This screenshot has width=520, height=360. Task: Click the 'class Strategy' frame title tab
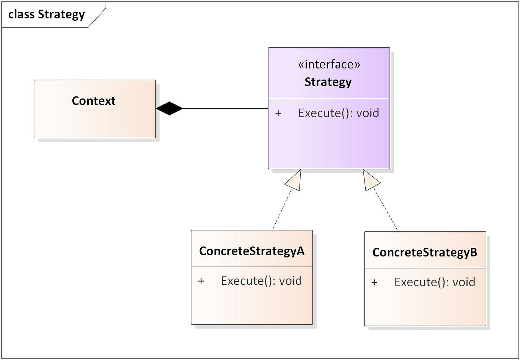pyautogui.click(x=47, y=15)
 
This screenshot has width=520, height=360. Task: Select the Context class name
pyautogui.click(x=93, y=101)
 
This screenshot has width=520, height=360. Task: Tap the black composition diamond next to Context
pyautogui.click(x=169, y=109)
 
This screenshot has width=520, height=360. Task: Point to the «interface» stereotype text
pyautogui.click(x=329, y=64)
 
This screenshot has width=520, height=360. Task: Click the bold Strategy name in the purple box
pyautogui.click(x=328, y=82)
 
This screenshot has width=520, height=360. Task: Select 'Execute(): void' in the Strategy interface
pyautogui.click(x=338, y=113)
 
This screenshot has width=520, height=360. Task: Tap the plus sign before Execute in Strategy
pyautogui.click(x=278, y=113)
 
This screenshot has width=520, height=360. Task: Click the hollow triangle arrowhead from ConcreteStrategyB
pyautogui.click(x=370, y=181)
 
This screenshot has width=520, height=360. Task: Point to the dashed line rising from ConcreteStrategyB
pyautogui.click(x=387, y=210)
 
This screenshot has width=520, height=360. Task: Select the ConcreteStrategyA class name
pyautogui.click(x=252, y=251)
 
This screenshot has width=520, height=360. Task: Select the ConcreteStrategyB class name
pyautogui.click(x=425, y=252)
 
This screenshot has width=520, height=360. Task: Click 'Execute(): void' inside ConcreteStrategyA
pyautogui.click(x=262, y=281)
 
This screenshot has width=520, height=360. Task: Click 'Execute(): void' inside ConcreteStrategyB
pyautogui.click(x=435, y=282)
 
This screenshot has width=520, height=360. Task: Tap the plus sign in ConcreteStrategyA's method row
pyautogui.click(x=201, y=281)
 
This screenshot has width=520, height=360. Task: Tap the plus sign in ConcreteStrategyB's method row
pyautogui.click(x=374, y=283)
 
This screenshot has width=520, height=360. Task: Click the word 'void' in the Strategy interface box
pyautogui.click(x=368, y=113)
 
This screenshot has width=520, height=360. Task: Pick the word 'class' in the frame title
pyautogui.click(x=21, y=15)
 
